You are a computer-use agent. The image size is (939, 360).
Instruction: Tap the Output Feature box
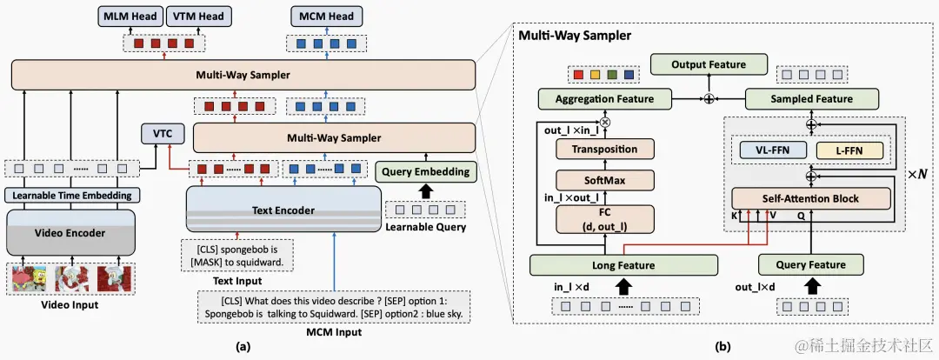pos(708,64)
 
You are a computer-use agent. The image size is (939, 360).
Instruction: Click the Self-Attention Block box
pos(810,198)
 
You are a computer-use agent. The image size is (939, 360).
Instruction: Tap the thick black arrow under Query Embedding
pos(425,189)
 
